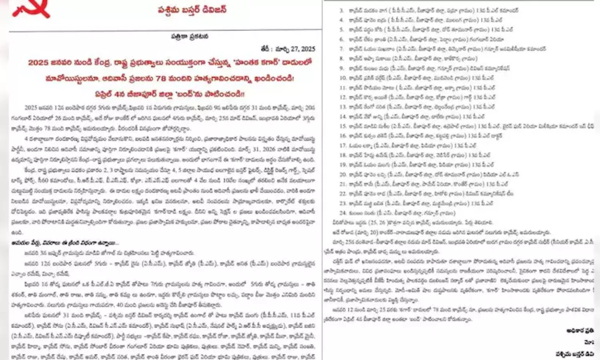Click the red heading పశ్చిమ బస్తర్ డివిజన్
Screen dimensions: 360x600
tap(192, 10)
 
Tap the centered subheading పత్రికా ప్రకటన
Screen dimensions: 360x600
tap(190, 37)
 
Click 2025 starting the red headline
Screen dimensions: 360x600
tap(38, 63)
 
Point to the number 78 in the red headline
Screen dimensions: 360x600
tap(161, 78)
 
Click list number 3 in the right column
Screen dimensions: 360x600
tap(342, 10)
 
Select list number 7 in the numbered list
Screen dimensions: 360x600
tap(342, 49)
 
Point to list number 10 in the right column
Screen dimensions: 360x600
tap(343, 78)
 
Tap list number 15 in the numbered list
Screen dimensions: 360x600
tap(343, 126)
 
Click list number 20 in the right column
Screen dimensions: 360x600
tap(343, 174)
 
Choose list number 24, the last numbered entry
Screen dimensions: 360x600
tap(343, 213)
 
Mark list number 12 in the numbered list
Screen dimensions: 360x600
tap(343, 97)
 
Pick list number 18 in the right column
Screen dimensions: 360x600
tap(343, 155)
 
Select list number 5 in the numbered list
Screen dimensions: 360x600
tap(342, 30)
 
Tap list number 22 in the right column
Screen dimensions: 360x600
tap(343, 194)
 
